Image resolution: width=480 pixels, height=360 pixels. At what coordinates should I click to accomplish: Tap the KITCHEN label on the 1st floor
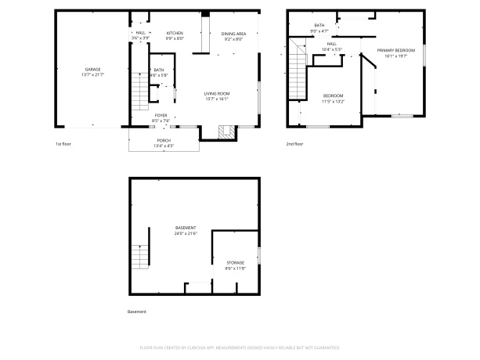tap(174, 33)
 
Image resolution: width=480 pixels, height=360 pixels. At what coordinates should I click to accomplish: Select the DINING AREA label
tap(233, 34)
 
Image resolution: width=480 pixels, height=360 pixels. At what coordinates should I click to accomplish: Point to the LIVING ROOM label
tap(216, 93)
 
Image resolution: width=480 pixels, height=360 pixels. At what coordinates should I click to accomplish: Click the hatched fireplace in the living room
tap(225, 131)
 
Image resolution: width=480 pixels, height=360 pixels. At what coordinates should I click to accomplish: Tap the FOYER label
tap(161, 115)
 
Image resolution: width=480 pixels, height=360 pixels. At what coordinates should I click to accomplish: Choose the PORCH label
tap(164, 140)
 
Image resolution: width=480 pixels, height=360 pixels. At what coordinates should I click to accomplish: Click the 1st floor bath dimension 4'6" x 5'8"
tap(160, 75)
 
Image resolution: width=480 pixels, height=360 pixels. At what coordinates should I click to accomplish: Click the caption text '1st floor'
tap(63, 144)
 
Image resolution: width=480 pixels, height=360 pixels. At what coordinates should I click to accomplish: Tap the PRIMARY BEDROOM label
tap(395, 51)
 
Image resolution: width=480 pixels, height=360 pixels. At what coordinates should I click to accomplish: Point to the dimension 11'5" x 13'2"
tap(333, 101)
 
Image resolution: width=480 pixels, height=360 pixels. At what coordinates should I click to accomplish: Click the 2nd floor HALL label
tap(332, 44)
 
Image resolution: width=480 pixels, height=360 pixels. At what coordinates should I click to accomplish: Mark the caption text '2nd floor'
tap(294, 144)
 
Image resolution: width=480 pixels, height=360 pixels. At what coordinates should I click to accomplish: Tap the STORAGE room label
tap(235, 262)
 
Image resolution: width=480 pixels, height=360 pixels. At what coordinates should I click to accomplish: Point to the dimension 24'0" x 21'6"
tap(186, 233)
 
